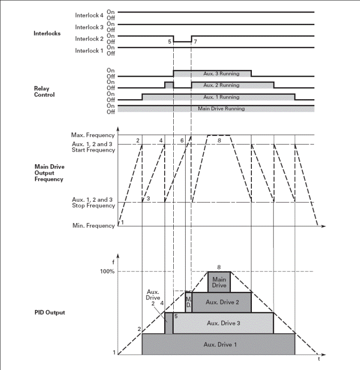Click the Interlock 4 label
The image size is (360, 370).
89,15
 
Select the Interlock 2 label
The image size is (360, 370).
89,39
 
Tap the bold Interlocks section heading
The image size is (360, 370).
47,34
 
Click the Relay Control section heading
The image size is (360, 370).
44,91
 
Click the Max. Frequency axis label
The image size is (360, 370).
95,135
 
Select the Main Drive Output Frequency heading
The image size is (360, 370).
50,173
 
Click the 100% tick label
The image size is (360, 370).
108,271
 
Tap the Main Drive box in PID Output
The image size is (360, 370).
219,282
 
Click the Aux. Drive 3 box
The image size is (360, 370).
223,323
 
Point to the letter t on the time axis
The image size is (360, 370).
319,359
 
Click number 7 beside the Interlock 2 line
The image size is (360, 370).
195,42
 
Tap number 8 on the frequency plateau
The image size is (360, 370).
219,141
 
